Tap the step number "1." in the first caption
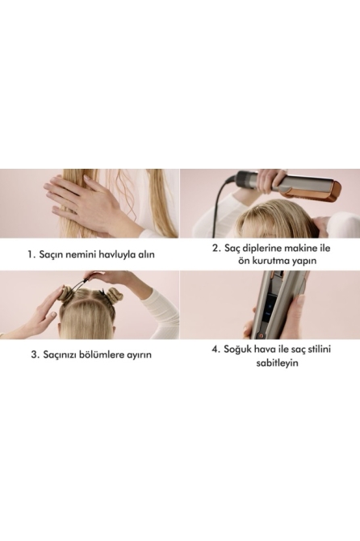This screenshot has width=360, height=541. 31,254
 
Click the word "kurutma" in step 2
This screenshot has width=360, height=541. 271,261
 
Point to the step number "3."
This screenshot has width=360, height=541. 36,354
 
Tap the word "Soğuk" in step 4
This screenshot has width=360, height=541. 237,350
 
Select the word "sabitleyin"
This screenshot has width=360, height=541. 277,363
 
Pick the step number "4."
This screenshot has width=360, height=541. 216,350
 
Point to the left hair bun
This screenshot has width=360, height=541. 65,293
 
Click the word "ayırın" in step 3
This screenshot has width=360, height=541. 140,355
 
